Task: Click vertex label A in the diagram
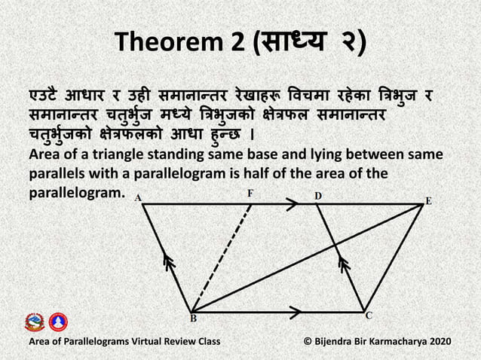(x=138, y=197)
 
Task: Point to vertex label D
(x=317, y=195)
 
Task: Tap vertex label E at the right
(x=429, y=201)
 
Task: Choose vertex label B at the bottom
(x=193, y=319)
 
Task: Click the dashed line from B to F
(x=222, y=256)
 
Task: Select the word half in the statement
(x=296, y=174)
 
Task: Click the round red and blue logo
(x=58, y=322)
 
